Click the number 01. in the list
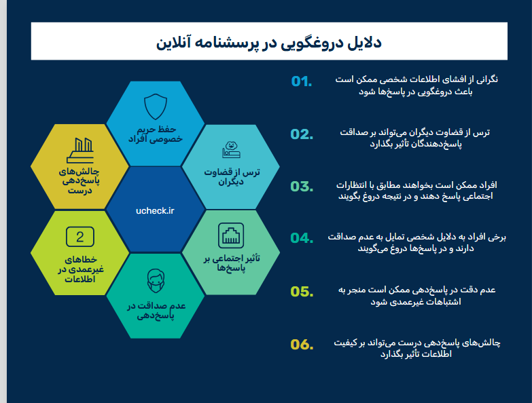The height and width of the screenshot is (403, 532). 302,81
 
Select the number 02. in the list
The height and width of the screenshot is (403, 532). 302,134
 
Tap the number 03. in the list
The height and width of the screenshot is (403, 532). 302,187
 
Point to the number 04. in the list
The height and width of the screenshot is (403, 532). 302,238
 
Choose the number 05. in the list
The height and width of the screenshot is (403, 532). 302,292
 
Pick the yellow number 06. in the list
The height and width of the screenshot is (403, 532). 302,345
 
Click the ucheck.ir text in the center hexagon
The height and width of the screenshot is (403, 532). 155,210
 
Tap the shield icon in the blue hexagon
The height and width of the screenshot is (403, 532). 156,107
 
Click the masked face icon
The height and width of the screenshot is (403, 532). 156,281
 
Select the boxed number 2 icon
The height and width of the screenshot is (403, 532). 80,237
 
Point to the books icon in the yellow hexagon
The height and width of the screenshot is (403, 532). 81,151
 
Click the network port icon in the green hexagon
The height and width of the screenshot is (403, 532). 231,235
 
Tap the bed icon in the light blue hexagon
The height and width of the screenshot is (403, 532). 232,150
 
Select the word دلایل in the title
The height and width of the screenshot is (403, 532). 364,43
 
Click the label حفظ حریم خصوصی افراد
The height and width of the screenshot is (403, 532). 156,134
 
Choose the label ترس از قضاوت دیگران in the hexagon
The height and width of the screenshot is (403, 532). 232,177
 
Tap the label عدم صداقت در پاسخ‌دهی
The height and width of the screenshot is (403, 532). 156,311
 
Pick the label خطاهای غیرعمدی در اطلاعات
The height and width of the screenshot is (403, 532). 80,269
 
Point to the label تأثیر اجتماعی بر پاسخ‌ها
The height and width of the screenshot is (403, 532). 232,263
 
